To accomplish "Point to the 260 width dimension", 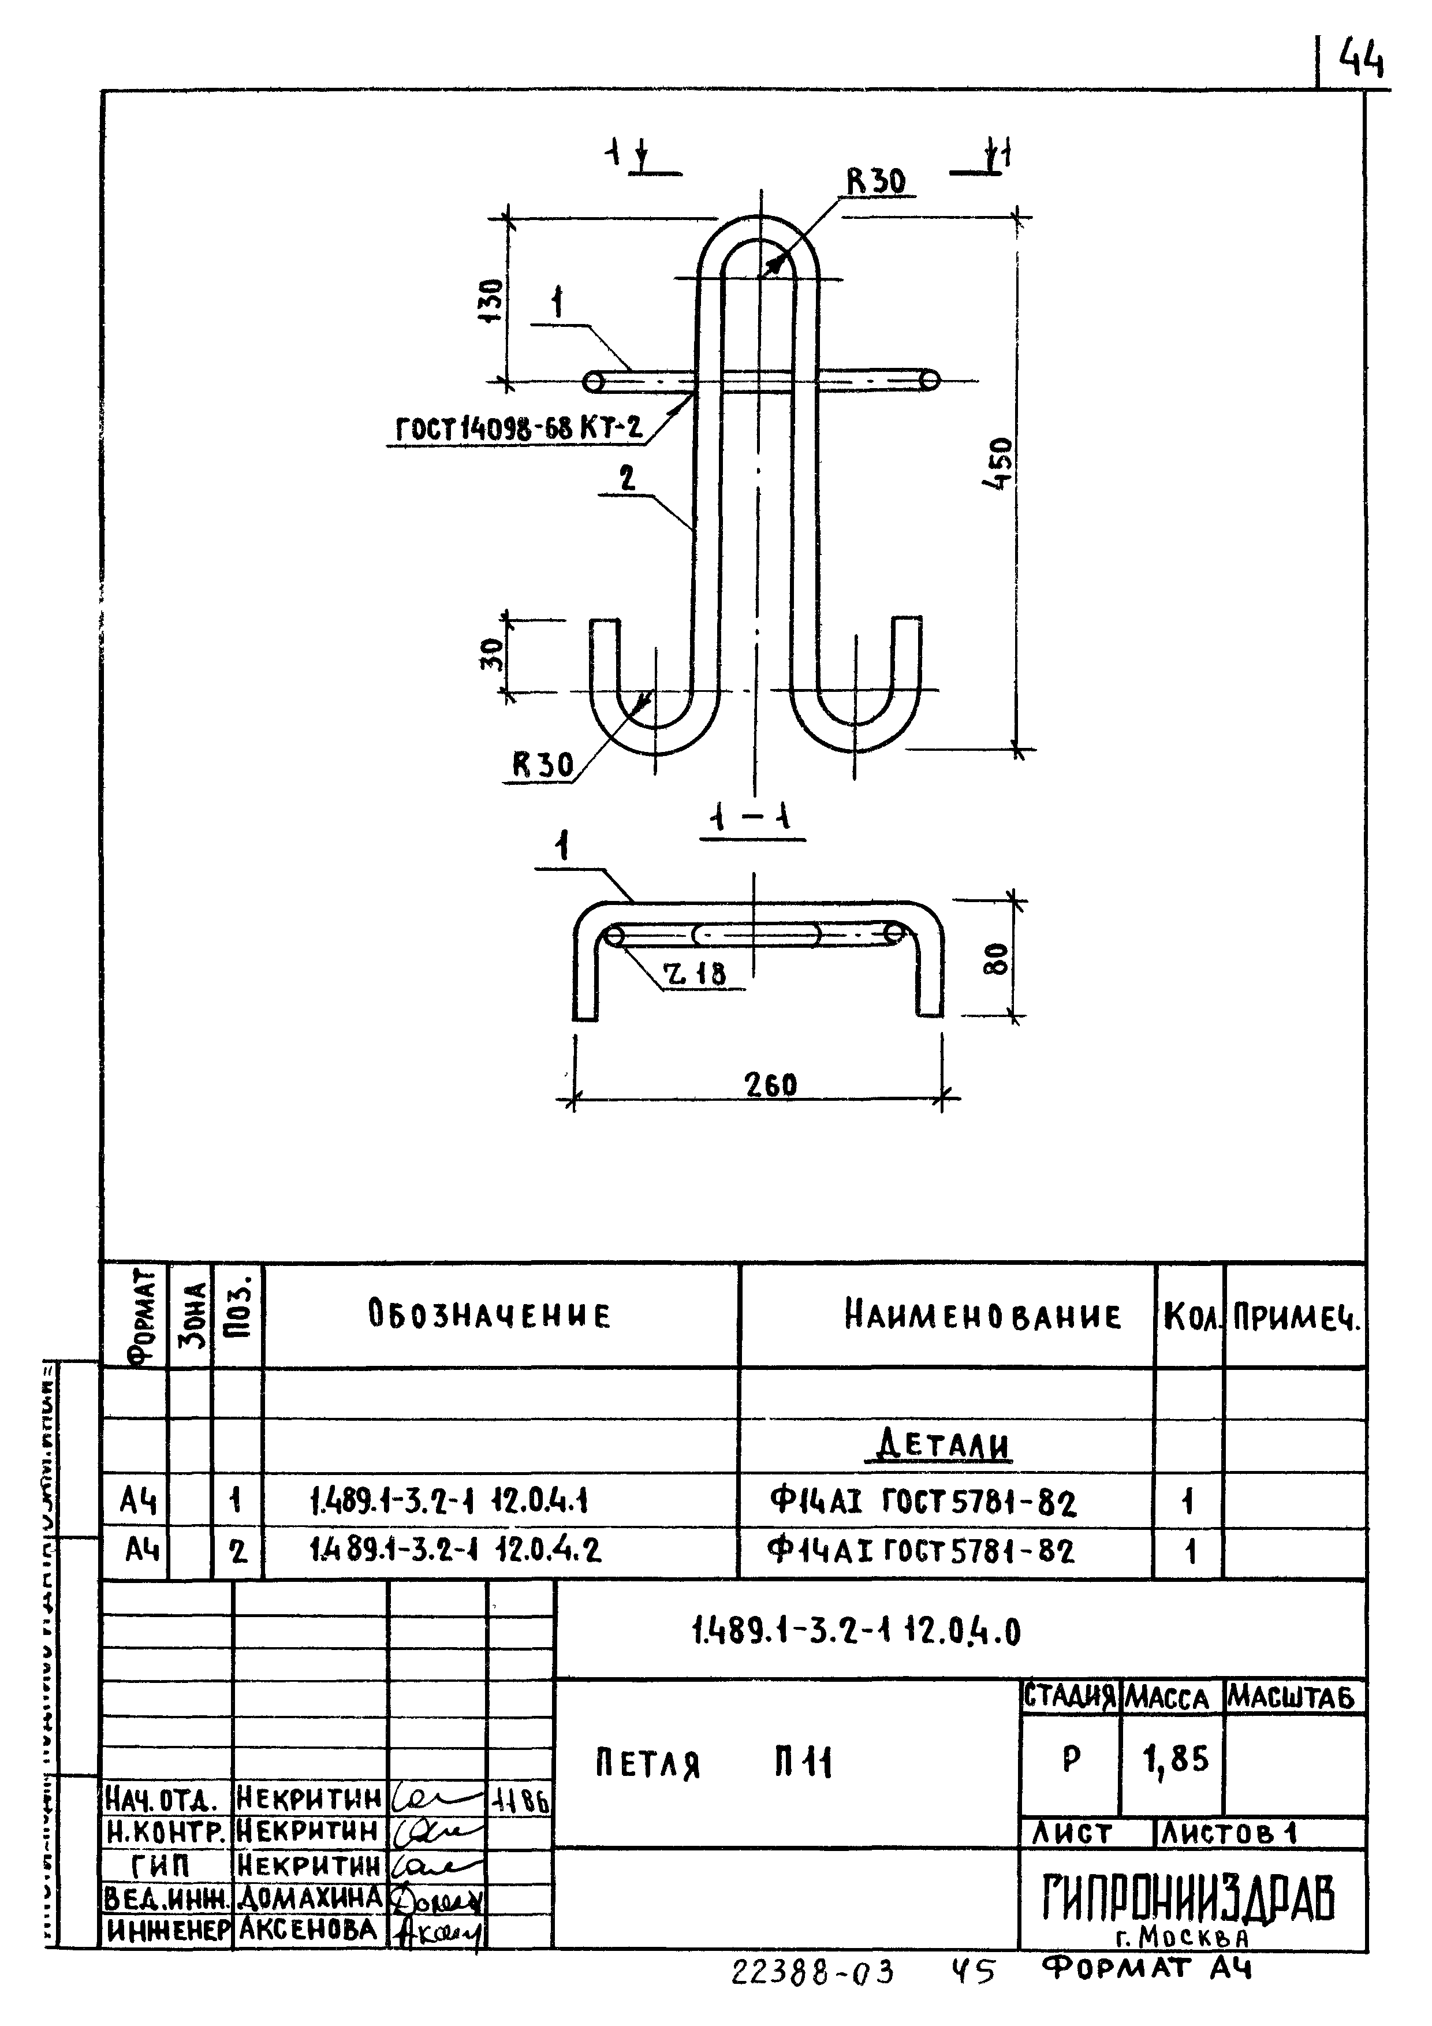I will point(770,1085).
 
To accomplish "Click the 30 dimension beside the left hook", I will point(493,654).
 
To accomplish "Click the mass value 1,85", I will point(1174,1760).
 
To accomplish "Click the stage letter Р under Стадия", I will point(1071,1760).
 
